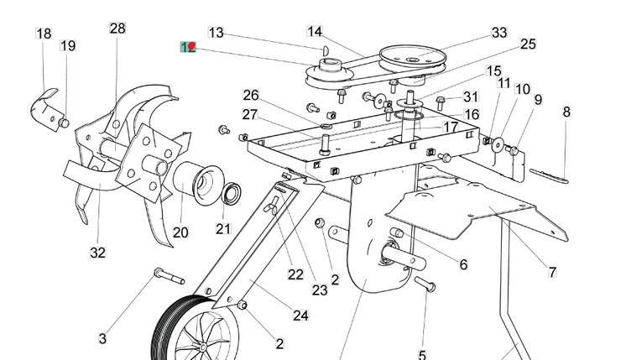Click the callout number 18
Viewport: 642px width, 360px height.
(x=44, y=34)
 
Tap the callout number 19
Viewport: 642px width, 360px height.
(x=68, y=45)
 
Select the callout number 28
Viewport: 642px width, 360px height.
(x=117, y=29)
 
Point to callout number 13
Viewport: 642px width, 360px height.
(x=216, y=33)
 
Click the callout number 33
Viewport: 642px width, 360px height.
(x=499, y=33)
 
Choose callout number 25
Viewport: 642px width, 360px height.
(x=528, y=44)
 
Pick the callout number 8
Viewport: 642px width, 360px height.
(x=566, y=111)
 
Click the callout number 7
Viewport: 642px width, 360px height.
(x=552, y=272)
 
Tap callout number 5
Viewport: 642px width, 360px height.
(x=422, y=355)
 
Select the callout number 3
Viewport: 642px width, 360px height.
(x=102, y=339)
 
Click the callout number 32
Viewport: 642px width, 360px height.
(x=97, y=252)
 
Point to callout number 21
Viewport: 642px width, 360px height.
(x=222, y=228)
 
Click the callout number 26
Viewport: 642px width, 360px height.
(x=252, y=95)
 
